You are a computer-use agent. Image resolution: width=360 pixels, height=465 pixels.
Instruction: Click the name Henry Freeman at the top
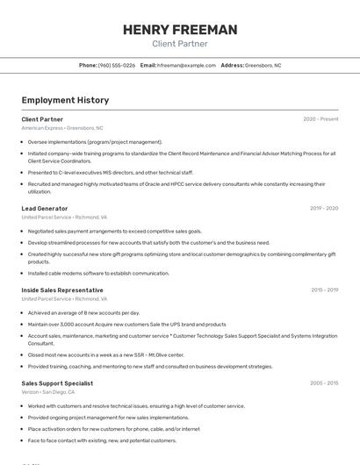click(180, 30)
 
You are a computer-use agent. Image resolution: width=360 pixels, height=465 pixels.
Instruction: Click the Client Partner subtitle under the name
click(180, 43)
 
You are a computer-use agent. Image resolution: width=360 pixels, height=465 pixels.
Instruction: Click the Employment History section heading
click(65, 100)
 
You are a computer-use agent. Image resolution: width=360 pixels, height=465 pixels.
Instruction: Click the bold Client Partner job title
click(42, 118)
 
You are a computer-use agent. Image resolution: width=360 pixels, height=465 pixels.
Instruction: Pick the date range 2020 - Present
click(320, 118)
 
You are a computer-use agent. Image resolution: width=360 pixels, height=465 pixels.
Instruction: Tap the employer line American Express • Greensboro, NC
click(62, 127)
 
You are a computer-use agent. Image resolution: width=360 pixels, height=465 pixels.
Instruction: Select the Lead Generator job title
click(45, 208)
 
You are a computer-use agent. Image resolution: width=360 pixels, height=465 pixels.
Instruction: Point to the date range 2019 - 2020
click(324, 208)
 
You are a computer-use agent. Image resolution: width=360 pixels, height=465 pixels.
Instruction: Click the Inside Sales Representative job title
click(62, 290)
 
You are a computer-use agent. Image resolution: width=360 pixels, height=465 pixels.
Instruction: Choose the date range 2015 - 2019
click(324, 290)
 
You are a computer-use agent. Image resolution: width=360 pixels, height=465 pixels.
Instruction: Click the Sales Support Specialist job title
click(57, 383)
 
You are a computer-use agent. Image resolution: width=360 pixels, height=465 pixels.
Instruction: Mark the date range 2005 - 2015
click(324, 383)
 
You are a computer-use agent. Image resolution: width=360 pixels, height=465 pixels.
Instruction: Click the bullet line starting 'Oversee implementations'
click(95, 141)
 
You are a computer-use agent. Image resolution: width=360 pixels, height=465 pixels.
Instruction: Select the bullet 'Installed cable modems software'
click(98, 273)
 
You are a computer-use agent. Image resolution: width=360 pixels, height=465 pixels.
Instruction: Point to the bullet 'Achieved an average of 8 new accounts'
click(83, 312)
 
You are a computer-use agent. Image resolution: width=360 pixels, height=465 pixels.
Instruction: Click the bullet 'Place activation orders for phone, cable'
click(113, 429)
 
